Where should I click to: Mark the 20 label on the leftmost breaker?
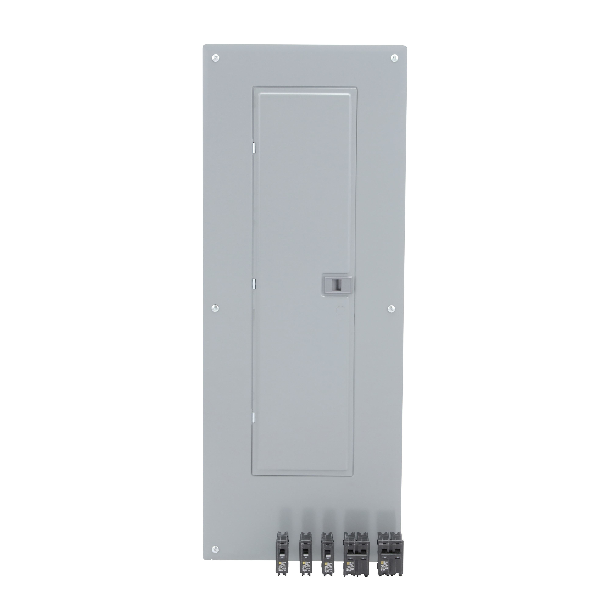click(x=282, y=558)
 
